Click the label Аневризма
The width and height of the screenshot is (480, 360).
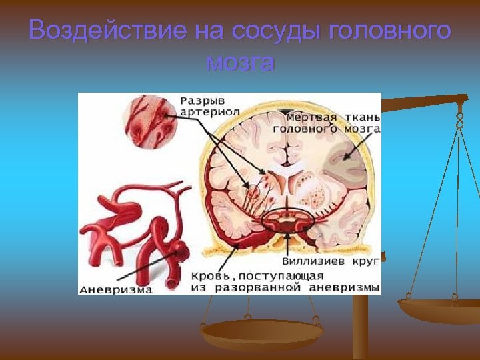116,289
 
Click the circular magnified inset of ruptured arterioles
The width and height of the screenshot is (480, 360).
149,120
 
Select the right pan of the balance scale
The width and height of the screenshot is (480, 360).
437,309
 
